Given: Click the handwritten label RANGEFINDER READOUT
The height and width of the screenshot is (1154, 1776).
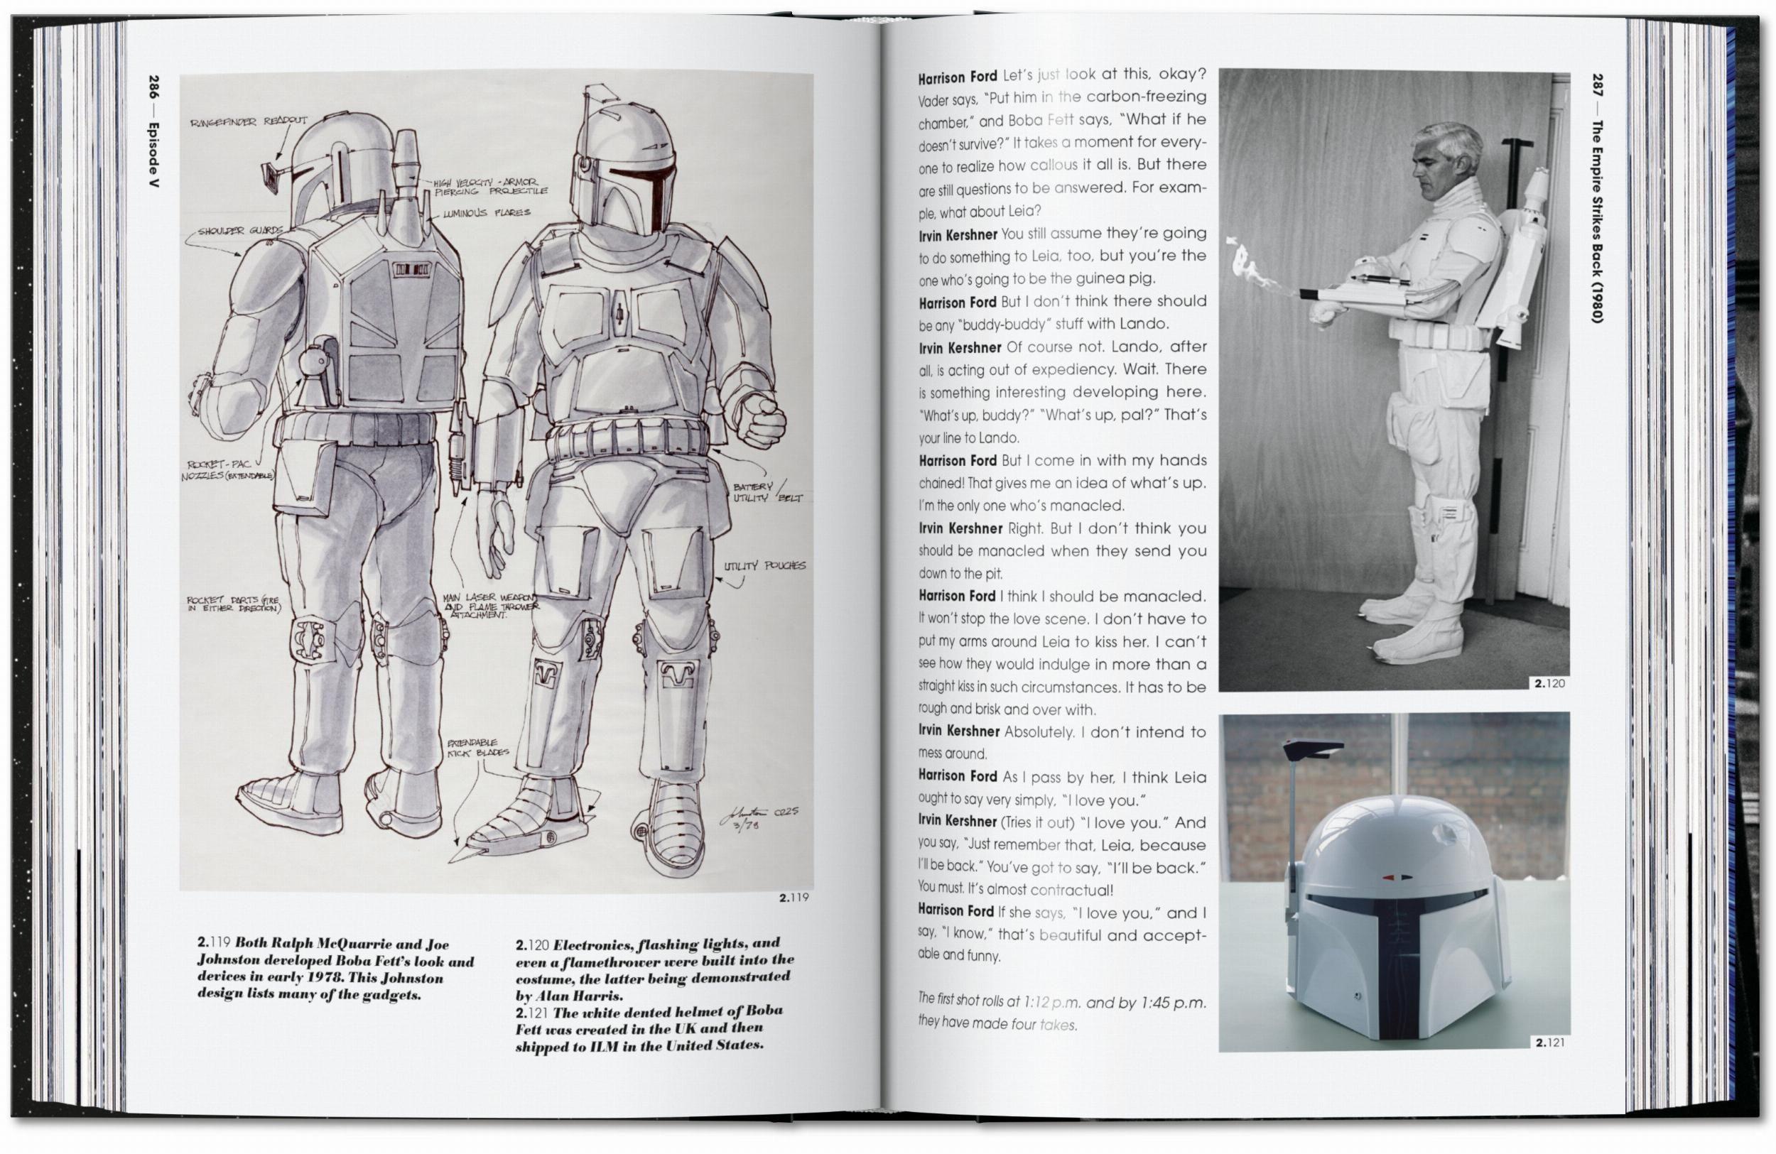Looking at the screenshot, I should click(249, 121).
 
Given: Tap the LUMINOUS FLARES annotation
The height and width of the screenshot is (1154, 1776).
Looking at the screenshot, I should click(487, 213).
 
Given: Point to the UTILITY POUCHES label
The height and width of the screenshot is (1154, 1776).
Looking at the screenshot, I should click(764, 565).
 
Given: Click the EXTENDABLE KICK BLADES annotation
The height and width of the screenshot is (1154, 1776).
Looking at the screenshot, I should click(477, 749).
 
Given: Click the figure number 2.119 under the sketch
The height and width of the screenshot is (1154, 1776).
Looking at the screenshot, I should click(794, 898).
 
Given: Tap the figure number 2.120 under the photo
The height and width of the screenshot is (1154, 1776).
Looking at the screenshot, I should click(1550, 682).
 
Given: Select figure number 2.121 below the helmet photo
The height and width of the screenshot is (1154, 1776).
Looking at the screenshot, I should click(1550, 1043).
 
